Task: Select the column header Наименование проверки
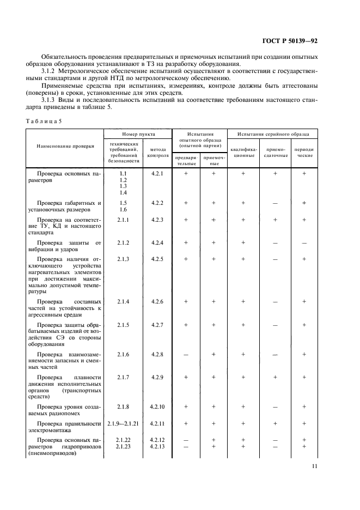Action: (x=65, y=146)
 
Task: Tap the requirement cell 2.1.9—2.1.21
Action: (x=123, y=423)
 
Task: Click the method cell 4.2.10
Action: (x=157, y=406)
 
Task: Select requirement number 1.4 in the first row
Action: (x=123, y=193)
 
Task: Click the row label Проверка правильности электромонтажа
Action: (x=65, y=427)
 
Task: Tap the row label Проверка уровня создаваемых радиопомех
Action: (x=65, y=410)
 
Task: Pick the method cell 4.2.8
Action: (x=157, y=354)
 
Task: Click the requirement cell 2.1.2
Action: (x=123, y=242)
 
